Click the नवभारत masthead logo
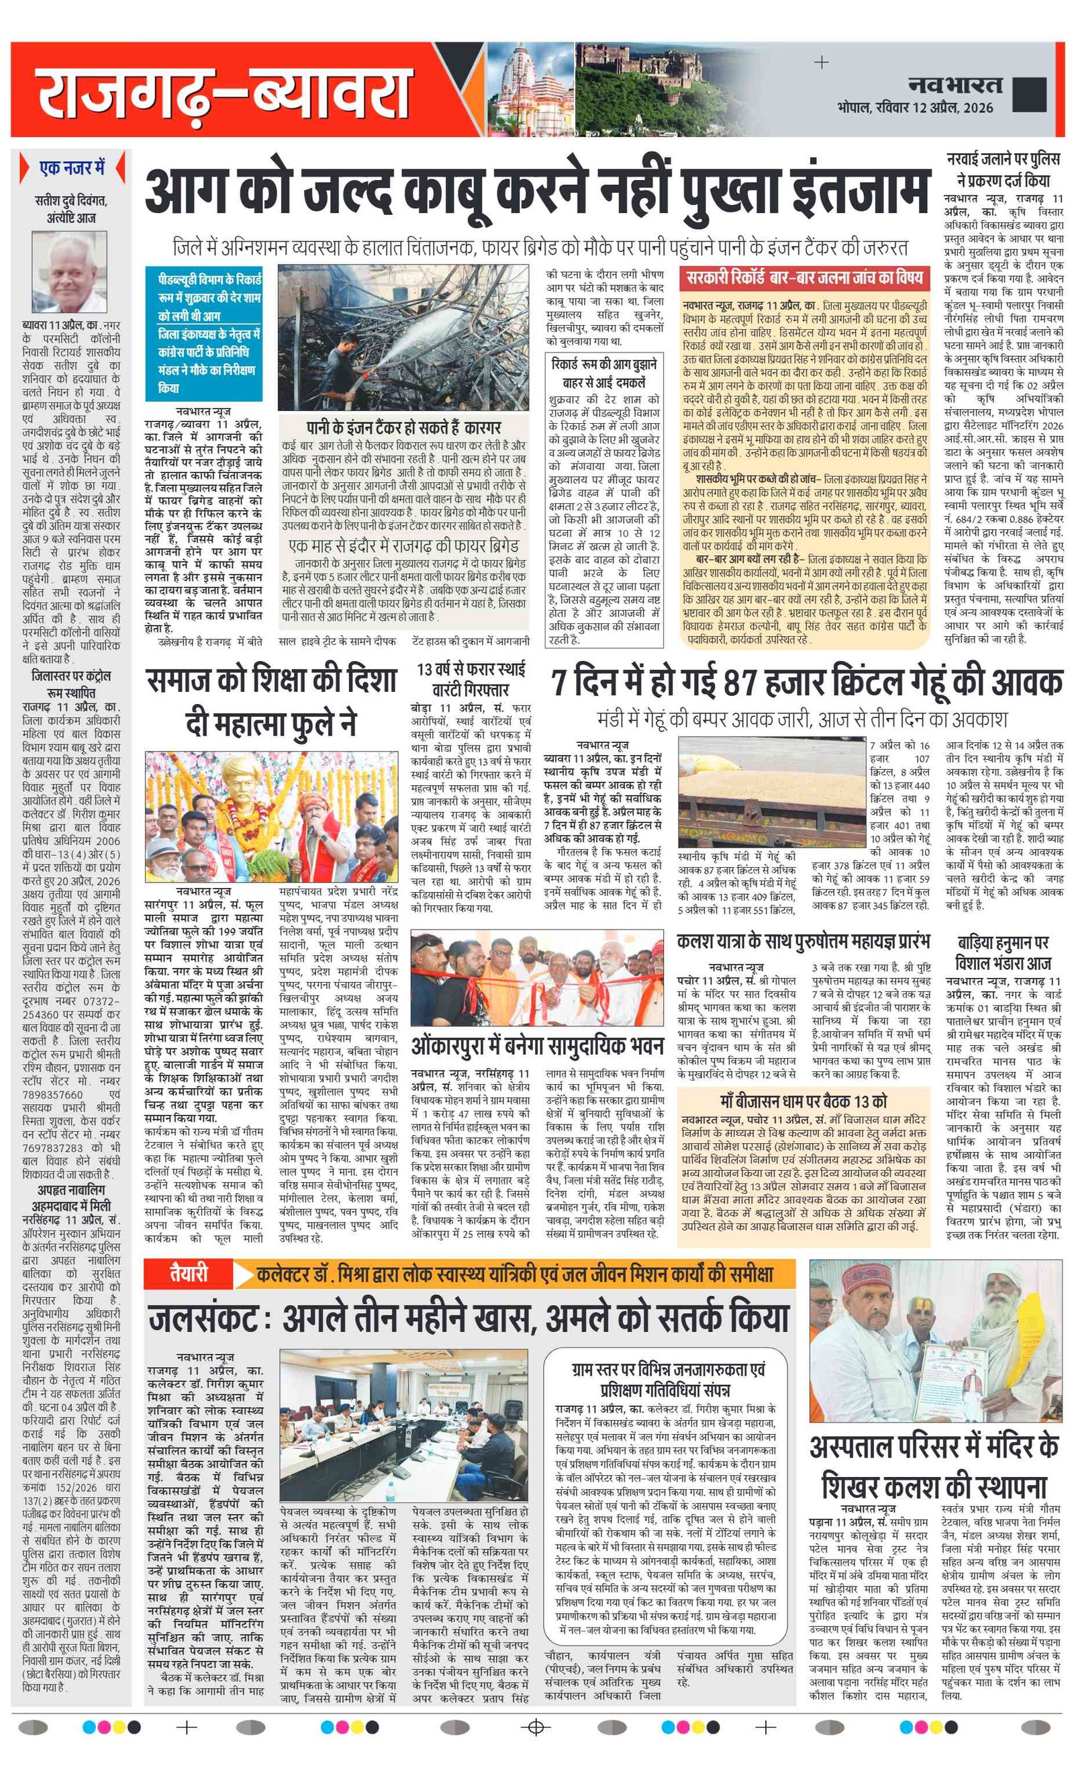coord(955,86)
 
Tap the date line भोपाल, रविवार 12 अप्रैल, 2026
coord(915,108)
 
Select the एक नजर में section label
coord(72,169)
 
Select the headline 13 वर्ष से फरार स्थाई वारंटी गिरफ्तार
coord(471,678)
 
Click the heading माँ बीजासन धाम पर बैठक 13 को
coord(802,1101)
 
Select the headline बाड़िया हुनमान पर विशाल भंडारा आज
coord(1003,953)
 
